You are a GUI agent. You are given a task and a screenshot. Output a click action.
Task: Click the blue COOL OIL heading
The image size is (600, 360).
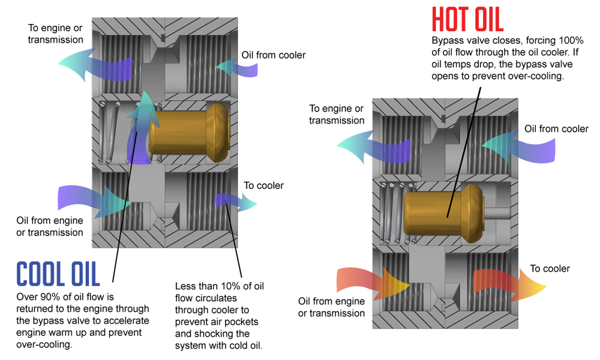[58, 274]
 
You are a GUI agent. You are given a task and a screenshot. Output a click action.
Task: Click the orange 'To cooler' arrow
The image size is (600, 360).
[509, 282]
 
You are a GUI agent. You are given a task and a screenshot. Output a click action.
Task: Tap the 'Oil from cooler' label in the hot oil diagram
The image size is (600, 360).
[556, 128]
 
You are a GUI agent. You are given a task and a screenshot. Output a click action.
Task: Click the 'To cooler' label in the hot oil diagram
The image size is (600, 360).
[550, 268]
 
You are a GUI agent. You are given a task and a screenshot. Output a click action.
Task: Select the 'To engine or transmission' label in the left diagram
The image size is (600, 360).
[55, 34]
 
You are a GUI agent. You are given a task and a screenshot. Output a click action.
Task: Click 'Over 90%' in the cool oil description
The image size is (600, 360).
[36, 296]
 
